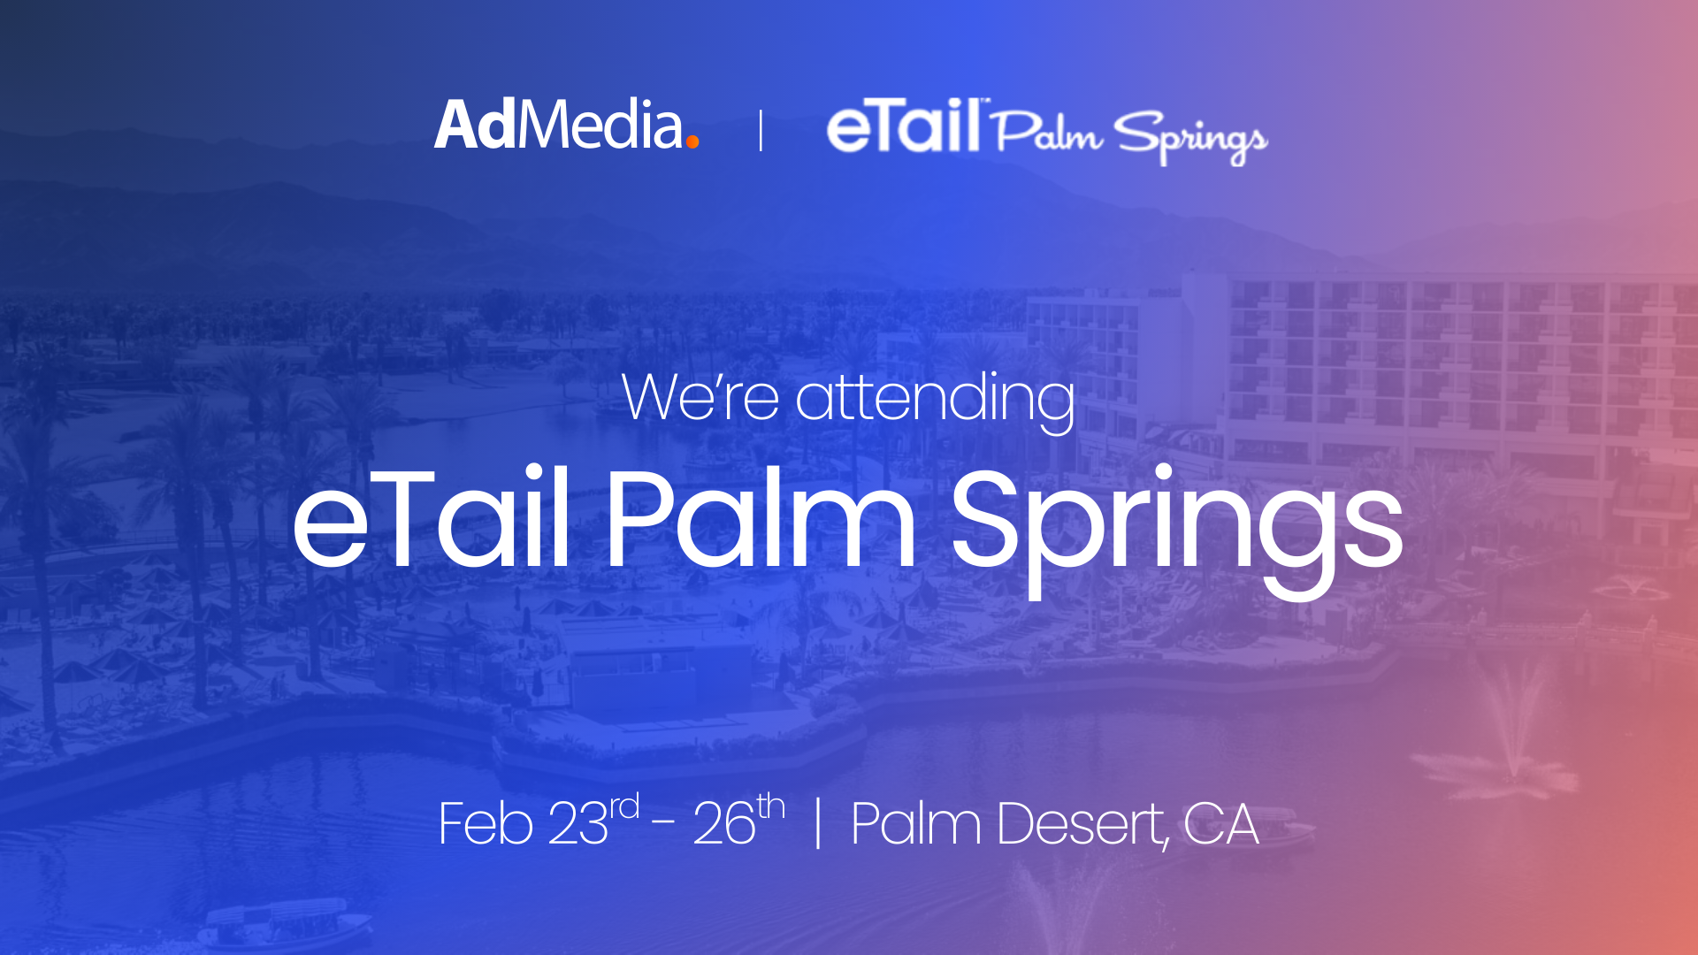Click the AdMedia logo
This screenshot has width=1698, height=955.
(x=566, y=125)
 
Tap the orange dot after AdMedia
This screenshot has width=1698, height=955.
(x=692, y=141)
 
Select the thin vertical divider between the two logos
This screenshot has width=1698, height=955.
(x=761, y=131)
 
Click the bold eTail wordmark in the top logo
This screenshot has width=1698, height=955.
(x=904, y=127)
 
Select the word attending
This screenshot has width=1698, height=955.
(x=936, y=401)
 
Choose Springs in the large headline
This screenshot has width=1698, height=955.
(x=1177, y=531)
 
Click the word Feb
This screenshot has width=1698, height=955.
(x=486, y=823)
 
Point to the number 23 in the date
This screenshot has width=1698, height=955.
(x=578, y=823)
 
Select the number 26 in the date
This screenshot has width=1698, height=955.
(x=724, y=823)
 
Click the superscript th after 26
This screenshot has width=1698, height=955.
(x=771, y=806)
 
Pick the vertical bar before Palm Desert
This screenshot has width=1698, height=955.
(x=818, y=823)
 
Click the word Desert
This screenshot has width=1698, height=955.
(x=1081, y=824)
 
